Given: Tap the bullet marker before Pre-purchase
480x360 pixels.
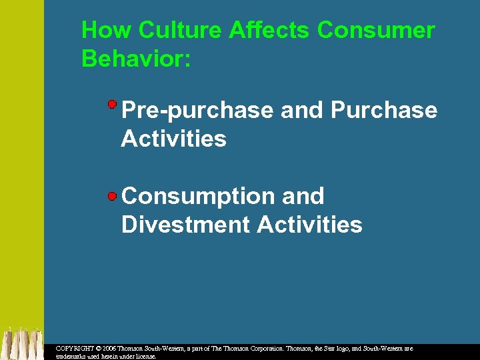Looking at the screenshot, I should click(x=113, y=104).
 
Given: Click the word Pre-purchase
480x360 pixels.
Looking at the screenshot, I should click(x=197, y=110).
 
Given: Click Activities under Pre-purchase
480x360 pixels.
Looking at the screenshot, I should click(x=174, y=139).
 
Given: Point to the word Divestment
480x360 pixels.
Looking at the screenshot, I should click(x=186, y=225).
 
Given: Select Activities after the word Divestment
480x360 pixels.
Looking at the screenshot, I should click(x=310, y=225).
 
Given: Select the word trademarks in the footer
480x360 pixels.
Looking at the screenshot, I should click(x=73, y=357).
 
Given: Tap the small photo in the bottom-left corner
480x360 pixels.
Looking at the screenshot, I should click(x=22, y=343).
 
